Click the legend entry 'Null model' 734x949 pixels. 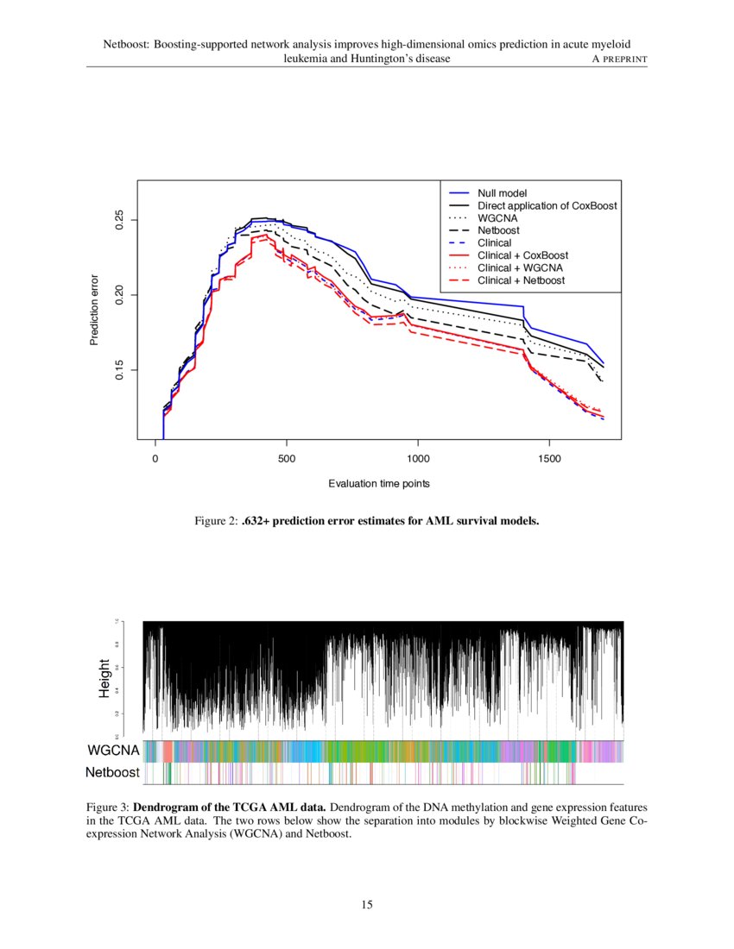[x=502, y=192]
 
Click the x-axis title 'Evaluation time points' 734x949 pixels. [x=379, y=484]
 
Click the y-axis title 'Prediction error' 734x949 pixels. [x=96, y=311]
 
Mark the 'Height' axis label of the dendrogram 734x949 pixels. [x=104, y=678]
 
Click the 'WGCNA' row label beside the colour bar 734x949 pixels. [x=112, y=751]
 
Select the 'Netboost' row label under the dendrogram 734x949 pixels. [x=112, y=773]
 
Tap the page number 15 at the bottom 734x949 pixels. [x=367, y=904]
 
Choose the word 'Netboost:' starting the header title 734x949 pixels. [x=127, y=44]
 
